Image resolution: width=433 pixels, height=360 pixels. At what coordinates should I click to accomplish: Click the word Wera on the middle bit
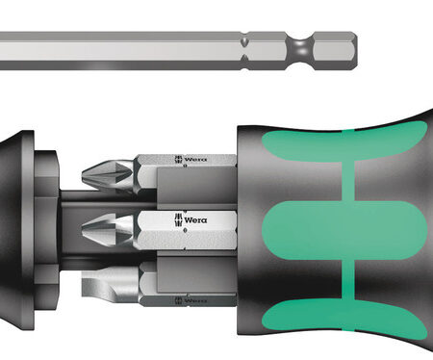click(x=195, y=220)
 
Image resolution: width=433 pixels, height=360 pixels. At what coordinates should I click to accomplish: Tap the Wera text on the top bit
click(x=195, y=159)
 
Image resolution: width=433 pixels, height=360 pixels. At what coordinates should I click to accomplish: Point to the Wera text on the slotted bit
click(x=195, y=300)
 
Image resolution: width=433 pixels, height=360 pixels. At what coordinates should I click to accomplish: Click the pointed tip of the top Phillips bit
click(x=83, y=176)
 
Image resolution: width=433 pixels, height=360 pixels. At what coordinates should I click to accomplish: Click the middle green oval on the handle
click(x=344, y=230)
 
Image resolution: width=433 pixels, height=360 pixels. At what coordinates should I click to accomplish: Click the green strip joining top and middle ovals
click(x=348, y=181)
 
